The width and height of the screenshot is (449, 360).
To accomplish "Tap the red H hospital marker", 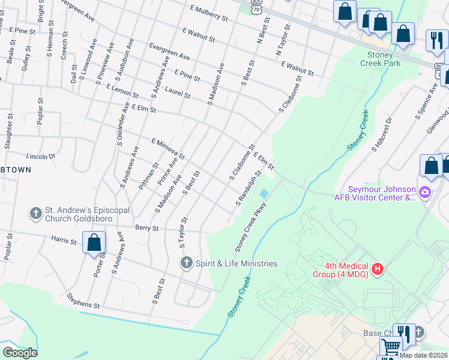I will pyautogui.click(x=378, y=268).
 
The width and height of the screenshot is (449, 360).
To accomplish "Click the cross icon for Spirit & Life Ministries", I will pyautogui.click(x=186, y=263).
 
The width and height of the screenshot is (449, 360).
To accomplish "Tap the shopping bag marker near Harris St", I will pyautogui.click(x=94, y=244).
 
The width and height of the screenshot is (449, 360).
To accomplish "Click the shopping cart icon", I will pyautogui.click(x=391, y=347).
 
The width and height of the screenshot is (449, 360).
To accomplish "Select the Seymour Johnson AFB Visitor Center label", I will pyautogui.click(x=375, y=193).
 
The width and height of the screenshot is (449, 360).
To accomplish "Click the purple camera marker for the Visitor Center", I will pyautogui.click(x=426, y=193).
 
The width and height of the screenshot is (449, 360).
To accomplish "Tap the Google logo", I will pyautogui.click(x=20, y=353).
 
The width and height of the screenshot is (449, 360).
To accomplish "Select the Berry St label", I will pyautogui.click(x=146, y=228).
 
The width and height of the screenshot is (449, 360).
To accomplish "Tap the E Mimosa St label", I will pyautogui.click(x=168, y=149).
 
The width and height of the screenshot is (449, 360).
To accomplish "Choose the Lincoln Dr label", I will pyautogui.click(x=41, y=157).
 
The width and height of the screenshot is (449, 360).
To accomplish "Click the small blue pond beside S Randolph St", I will pyautogui.click(x=264, y=194).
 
